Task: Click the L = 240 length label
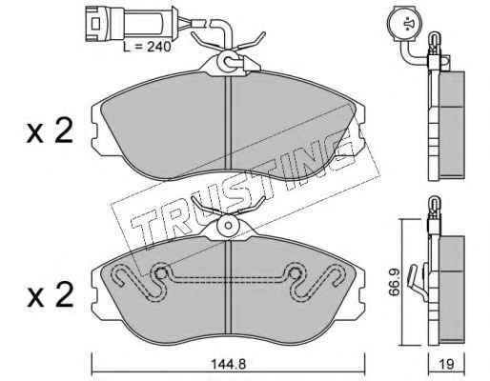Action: click(147, 47)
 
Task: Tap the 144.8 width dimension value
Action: click(229, 364)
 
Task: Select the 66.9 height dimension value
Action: click(395, 282)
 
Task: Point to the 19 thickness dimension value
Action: click(447, 364)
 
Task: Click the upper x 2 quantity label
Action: click(50, 130)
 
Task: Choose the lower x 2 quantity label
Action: click(50, 295)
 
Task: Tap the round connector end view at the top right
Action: click(403, 24)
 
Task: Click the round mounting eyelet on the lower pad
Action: click(229, 225)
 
